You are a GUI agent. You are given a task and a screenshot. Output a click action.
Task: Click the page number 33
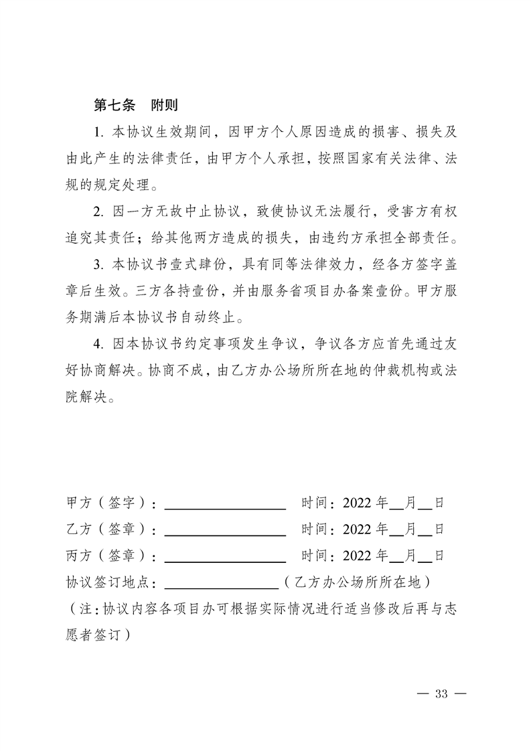[x=440, y=693]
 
